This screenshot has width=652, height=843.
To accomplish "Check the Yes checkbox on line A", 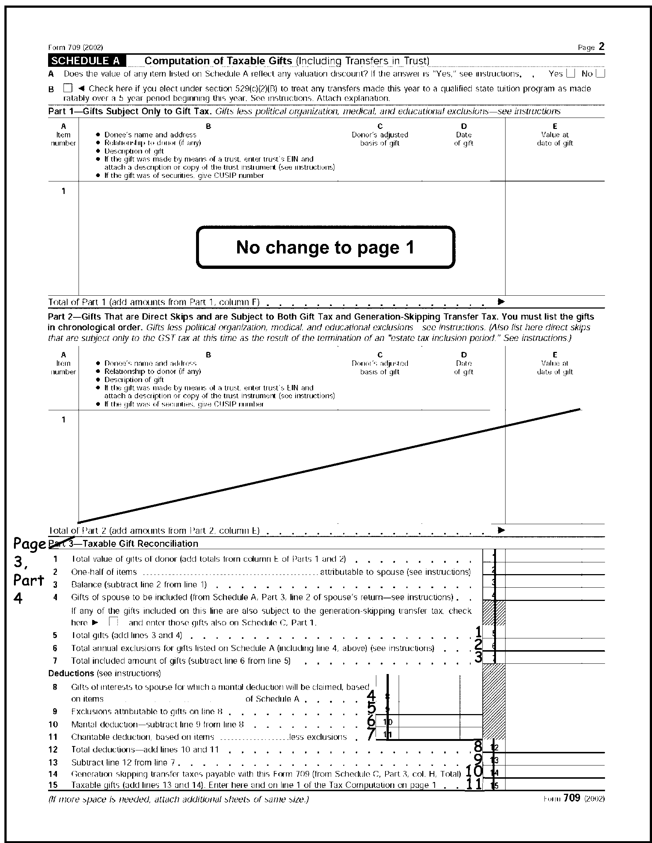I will tap(570, 73).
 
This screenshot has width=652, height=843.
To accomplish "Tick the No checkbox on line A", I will tap(600, 73).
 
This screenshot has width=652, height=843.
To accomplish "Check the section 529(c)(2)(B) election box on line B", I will tap(68, 89).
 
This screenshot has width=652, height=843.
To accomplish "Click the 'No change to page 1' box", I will tap(325, 247).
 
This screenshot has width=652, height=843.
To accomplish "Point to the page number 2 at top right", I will tap(601, 47).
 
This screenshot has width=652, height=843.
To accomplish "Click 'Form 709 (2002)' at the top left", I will tap(76, 47).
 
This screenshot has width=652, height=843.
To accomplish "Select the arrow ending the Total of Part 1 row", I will tap(501, 301).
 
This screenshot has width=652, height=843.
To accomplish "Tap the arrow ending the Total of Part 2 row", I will tap(501, 530).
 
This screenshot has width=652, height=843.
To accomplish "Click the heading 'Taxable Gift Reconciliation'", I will tap(141, 544).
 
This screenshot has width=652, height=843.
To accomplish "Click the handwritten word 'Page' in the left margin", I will tap(29, 544).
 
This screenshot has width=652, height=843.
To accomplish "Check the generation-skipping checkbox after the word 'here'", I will tap(113, 622).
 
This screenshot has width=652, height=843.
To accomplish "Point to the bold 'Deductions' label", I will tap(71, 673).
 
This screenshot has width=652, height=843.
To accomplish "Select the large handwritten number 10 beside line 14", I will tap(474, 771).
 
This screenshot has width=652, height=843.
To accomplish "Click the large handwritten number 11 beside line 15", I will tap(474, 784).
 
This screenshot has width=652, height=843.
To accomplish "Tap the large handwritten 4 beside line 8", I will tap(371, 696).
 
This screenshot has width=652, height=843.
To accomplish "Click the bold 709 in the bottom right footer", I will tap(571, 798).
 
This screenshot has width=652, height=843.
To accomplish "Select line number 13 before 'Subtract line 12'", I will tap(53, 762).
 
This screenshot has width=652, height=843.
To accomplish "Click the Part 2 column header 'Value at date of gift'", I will tap(554, 367).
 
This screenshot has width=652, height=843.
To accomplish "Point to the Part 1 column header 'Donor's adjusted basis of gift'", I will tap(380, 139).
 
